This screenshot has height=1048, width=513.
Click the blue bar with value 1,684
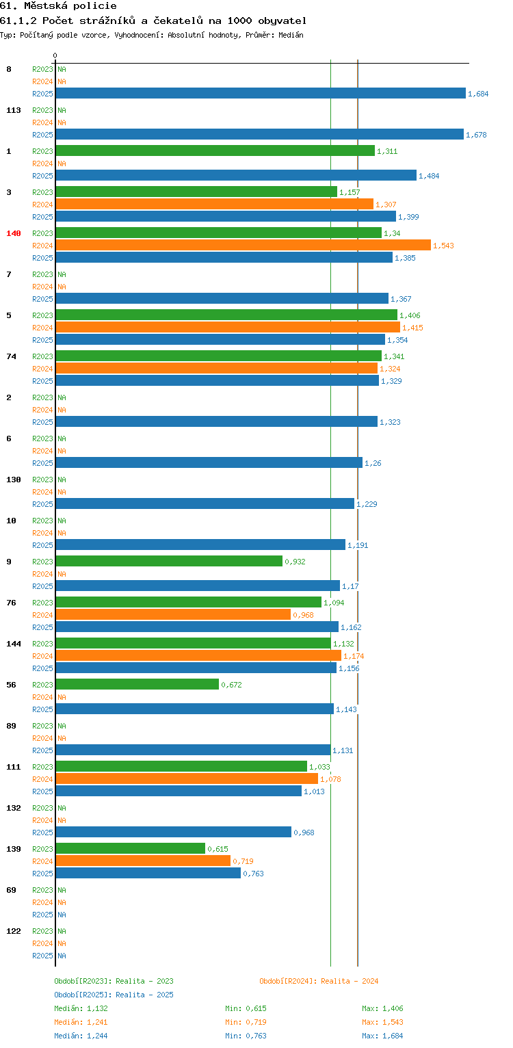click(x=261, y=93)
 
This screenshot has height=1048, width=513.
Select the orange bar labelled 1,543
click(x=244, y=245)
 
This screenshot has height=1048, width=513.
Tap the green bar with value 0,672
click(x=137, y=684)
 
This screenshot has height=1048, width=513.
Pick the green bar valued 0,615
click(x=131, y=848)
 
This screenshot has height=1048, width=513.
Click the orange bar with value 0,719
click(x=143, y=861)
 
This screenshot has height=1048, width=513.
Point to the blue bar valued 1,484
click(x=236, y=175)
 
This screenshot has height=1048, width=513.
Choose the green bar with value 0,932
click(x=169, y=561)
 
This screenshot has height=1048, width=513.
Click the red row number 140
click(x=14, y=233)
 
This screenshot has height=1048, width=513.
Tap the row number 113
click(x=14, y=110)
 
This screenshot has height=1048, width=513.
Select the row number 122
click(x=14, y=930)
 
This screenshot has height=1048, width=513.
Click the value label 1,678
click(x=476, y=135)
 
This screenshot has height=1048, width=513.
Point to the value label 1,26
click(x=373, y=463)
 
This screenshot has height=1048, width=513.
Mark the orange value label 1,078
click(x=330, y=779)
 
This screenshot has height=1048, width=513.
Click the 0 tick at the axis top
click(x=55, y=55)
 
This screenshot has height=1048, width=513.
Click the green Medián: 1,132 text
click(x=81, y=1008)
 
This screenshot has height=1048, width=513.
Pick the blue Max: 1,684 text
click(x=382, y=1036)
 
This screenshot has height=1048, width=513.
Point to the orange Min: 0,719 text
click(x=246, y=1022)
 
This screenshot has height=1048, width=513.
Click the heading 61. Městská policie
click(x=58, y=6)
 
